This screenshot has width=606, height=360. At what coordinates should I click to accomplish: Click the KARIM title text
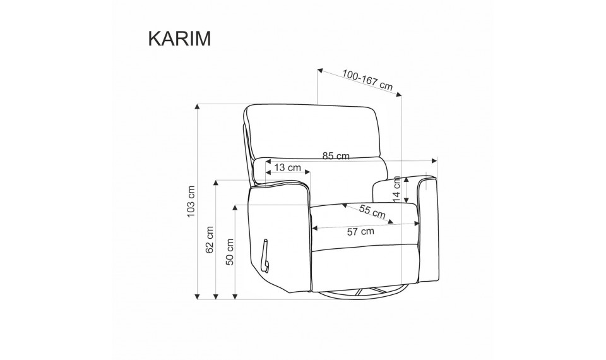click(x=180, y=39)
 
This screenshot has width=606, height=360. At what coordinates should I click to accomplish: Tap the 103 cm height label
click(x=191, y=201)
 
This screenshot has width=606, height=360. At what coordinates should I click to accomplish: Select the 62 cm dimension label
click(x=210, y=240)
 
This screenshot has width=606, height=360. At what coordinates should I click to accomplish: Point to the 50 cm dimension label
click(x=230, y=252)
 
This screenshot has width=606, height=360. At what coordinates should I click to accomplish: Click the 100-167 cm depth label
click(x=367, y=80)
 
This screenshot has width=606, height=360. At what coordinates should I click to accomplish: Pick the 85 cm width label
click(x=336, y=156)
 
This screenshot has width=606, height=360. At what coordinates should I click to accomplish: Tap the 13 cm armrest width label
click(x=287, y=167)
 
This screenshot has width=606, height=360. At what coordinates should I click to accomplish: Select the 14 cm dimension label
click(x=397, y=189)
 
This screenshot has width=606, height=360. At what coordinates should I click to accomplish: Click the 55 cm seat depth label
click(x=372, y=211)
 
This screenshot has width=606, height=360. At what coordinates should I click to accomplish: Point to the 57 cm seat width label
click(x=360, y=231)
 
